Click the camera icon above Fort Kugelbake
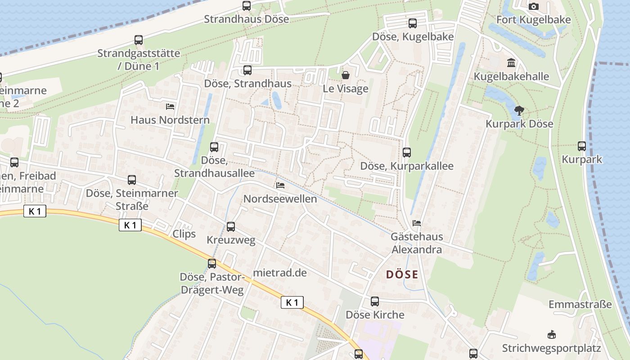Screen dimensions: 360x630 click(x=533, y=6)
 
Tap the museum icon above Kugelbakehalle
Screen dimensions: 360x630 click(x=511, y=63)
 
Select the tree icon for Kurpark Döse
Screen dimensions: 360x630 click(x=519, y=110)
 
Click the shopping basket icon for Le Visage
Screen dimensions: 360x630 click(x=346, y=75)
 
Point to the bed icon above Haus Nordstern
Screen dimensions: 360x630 click(x=170, y=107)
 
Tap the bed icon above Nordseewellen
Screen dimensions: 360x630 click(x=280, y=185)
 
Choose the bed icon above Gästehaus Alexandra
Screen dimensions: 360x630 click(x=417, y=223)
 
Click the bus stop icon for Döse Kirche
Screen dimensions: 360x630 click(x=375, y=301)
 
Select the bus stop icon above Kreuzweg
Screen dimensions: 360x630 click(x=231, y=226)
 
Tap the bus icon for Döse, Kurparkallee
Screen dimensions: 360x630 click(x=407, y=152)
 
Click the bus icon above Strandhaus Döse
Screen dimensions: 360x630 click(x=247, y=5)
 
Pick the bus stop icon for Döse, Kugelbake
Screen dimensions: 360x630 click(x=413, y=23)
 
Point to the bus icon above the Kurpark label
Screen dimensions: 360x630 click(x=582, y=146)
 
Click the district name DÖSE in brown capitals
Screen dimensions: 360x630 click(x=402, y=274)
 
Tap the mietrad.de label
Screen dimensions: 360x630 click(x=280, y=273)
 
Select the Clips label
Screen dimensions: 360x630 click(x=184, y=234)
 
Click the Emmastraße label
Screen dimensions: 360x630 click(x=580, y=304)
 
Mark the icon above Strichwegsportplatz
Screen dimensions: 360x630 click(x=551, y=334)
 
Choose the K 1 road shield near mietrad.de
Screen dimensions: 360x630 click(x=292, y=302)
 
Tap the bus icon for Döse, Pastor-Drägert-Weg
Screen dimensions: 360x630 click(x=212, y=263)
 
